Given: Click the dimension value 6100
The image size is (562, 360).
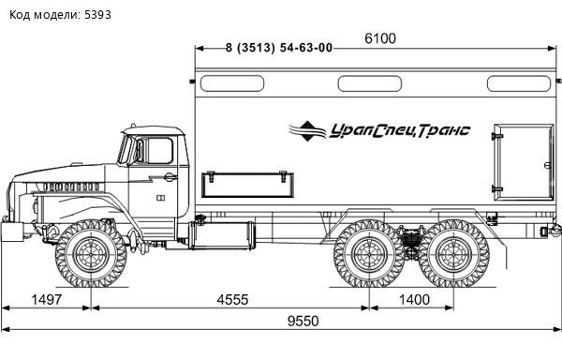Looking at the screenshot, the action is pos(380,38).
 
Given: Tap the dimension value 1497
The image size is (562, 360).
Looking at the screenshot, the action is pos(47,299).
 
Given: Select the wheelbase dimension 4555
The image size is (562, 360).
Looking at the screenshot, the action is pos(232,299).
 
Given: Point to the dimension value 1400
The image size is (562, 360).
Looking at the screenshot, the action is pos(414,299).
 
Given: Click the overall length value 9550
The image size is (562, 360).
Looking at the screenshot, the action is pos(303,321).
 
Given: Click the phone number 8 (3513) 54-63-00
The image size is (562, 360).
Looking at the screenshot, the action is pos(279,48).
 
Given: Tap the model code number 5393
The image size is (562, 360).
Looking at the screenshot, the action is pos(97,15).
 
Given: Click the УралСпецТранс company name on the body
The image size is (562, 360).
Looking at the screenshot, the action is pos(400,130).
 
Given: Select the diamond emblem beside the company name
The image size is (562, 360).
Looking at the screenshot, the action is pos(307,131).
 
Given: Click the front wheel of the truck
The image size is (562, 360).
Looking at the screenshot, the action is pos(91,254).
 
